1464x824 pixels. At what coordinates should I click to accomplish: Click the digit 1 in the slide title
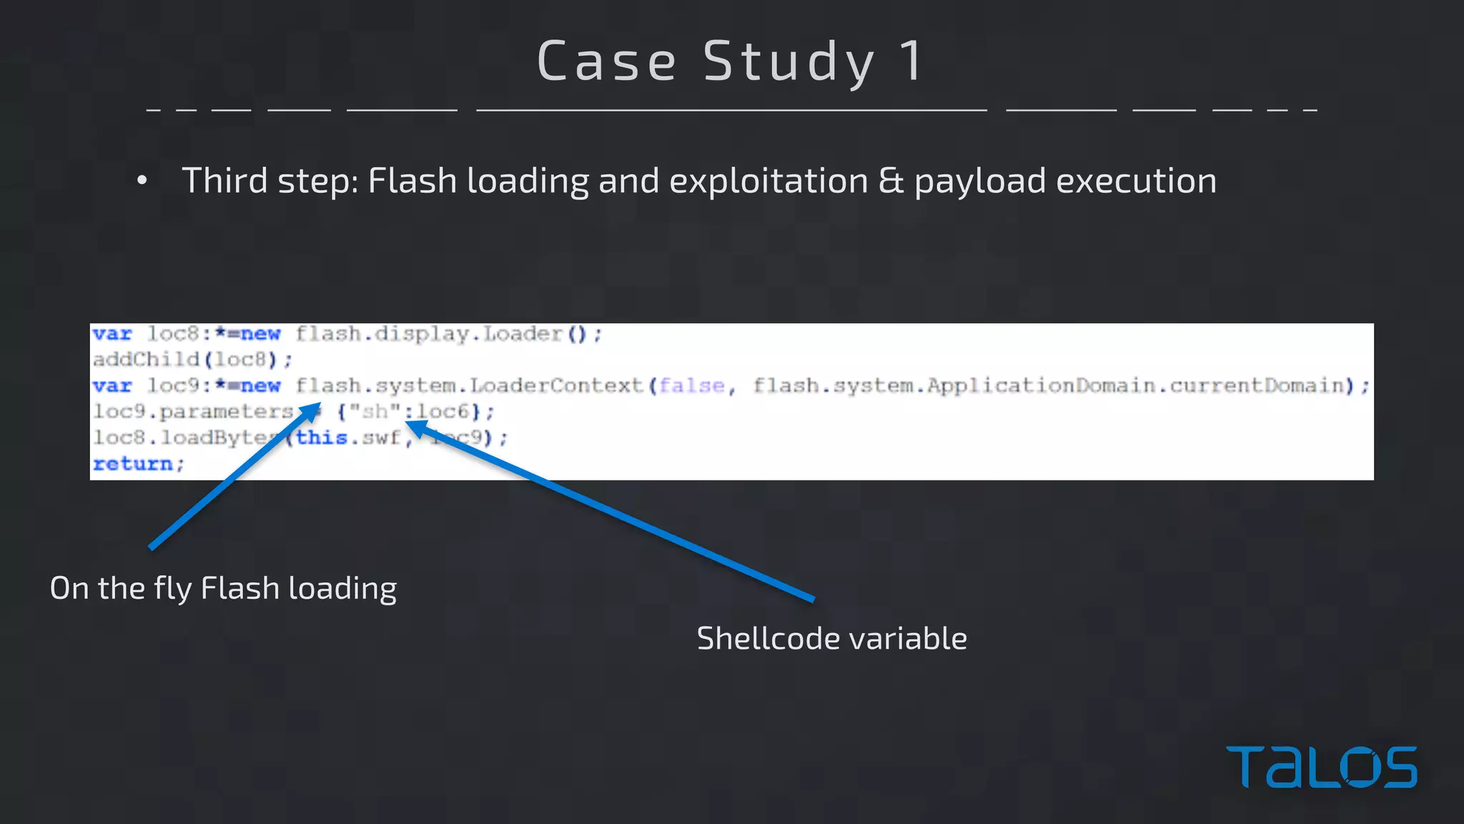point(911,61)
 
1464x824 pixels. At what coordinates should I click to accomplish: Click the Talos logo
point(1321,767)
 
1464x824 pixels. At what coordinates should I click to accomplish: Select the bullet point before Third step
point(142,181)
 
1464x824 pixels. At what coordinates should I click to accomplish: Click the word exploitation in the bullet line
point(768,181)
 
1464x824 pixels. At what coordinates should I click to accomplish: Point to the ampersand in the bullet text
point(891,181)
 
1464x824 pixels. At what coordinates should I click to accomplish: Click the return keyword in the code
point(134,464)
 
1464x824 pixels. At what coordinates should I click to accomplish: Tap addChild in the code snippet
point(146,359)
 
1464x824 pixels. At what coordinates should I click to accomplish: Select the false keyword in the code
point(691,386)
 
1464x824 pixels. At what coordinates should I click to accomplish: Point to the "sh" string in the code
point(375,412)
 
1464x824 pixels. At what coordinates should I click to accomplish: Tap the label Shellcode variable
point(831,639)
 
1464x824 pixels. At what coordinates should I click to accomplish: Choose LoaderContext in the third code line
point(556,386)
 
